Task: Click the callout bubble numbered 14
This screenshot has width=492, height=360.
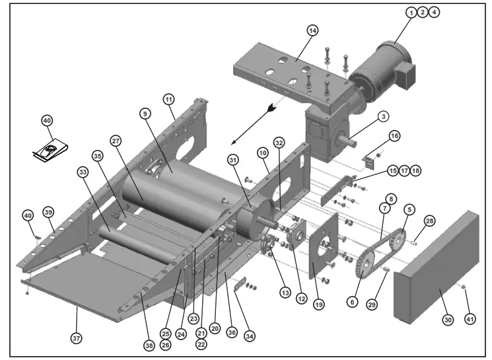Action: (x=312, y=30)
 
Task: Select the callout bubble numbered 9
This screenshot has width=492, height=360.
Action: (x=143, y=113)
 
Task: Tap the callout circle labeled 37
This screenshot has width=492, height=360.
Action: (x=77, y=338)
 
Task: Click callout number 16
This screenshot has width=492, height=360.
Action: (x=394, y=135)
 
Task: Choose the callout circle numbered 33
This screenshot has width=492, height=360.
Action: (x=83, y=172)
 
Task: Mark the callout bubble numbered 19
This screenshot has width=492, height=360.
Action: (x=319, y=305)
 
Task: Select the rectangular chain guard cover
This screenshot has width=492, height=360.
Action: (x=436, y=264)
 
